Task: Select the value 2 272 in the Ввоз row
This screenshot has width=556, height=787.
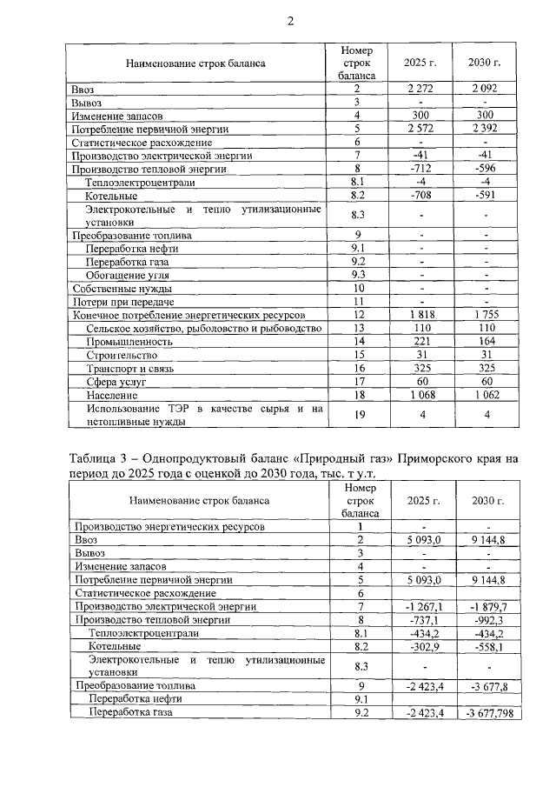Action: pyautogui.click(x=420, y=89)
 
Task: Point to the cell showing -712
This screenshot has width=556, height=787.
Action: pyautogui.click(x=420, y=169)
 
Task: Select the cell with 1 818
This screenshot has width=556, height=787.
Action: pyautogui.click(x=420, y=314)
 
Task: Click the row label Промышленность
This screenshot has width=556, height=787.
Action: pyautogui.click(x=127, y=342)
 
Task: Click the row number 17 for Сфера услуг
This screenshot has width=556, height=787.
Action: pyautogui.click(x=356, y=382)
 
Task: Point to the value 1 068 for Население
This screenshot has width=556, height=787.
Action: pyautogui.click(x=420, y=396)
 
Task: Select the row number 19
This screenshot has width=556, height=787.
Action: pyautogui.click(x=356, y=415)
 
